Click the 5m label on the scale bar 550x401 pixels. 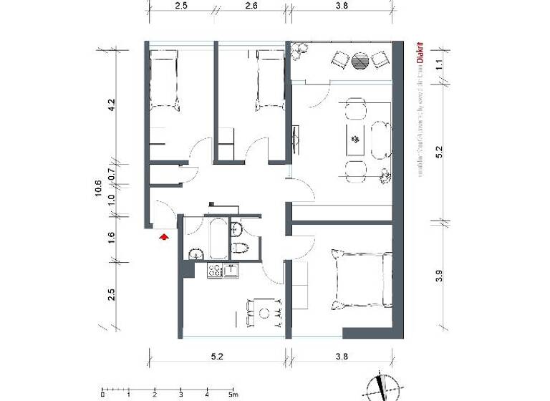[x=233, y=394]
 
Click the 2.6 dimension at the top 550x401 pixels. [x=251, y=6]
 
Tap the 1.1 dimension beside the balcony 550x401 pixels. [x=440, y=64]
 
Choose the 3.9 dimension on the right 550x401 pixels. [x=440, y=274]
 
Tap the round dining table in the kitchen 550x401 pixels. [x=264, y=313]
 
